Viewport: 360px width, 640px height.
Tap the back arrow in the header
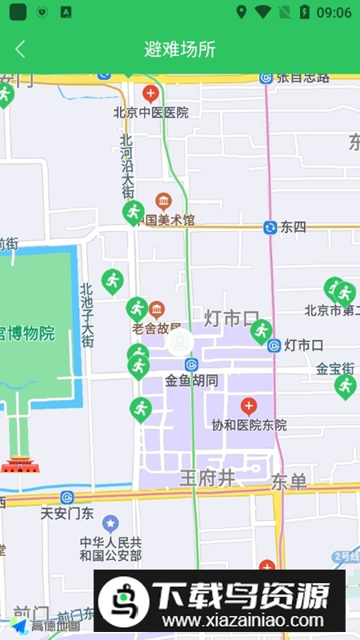20,49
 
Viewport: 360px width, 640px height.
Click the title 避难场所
180,49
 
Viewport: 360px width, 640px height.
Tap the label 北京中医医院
151,113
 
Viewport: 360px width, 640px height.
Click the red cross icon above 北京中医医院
150,94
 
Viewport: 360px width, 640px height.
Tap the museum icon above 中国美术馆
164,200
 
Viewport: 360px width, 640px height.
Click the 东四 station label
293,227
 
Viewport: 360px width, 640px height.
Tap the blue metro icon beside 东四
270,227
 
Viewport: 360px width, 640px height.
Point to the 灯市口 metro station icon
274,346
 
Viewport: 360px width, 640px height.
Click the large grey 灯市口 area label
232,318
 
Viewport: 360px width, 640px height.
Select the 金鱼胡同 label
192,381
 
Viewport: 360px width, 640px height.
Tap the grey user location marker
180,342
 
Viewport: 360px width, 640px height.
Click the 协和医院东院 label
249,425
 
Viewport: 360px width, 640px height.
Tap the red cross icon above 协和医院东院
248,406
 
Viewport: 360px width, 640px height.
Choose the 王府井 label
207,478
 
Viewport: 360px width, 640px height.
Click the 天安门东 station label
68,513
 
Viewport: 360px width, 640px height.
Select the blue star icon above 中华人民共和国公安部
110,523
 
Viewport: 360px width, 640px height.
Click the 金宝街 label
335,369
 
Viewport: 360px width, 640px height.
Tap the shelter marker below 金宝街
345,386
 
